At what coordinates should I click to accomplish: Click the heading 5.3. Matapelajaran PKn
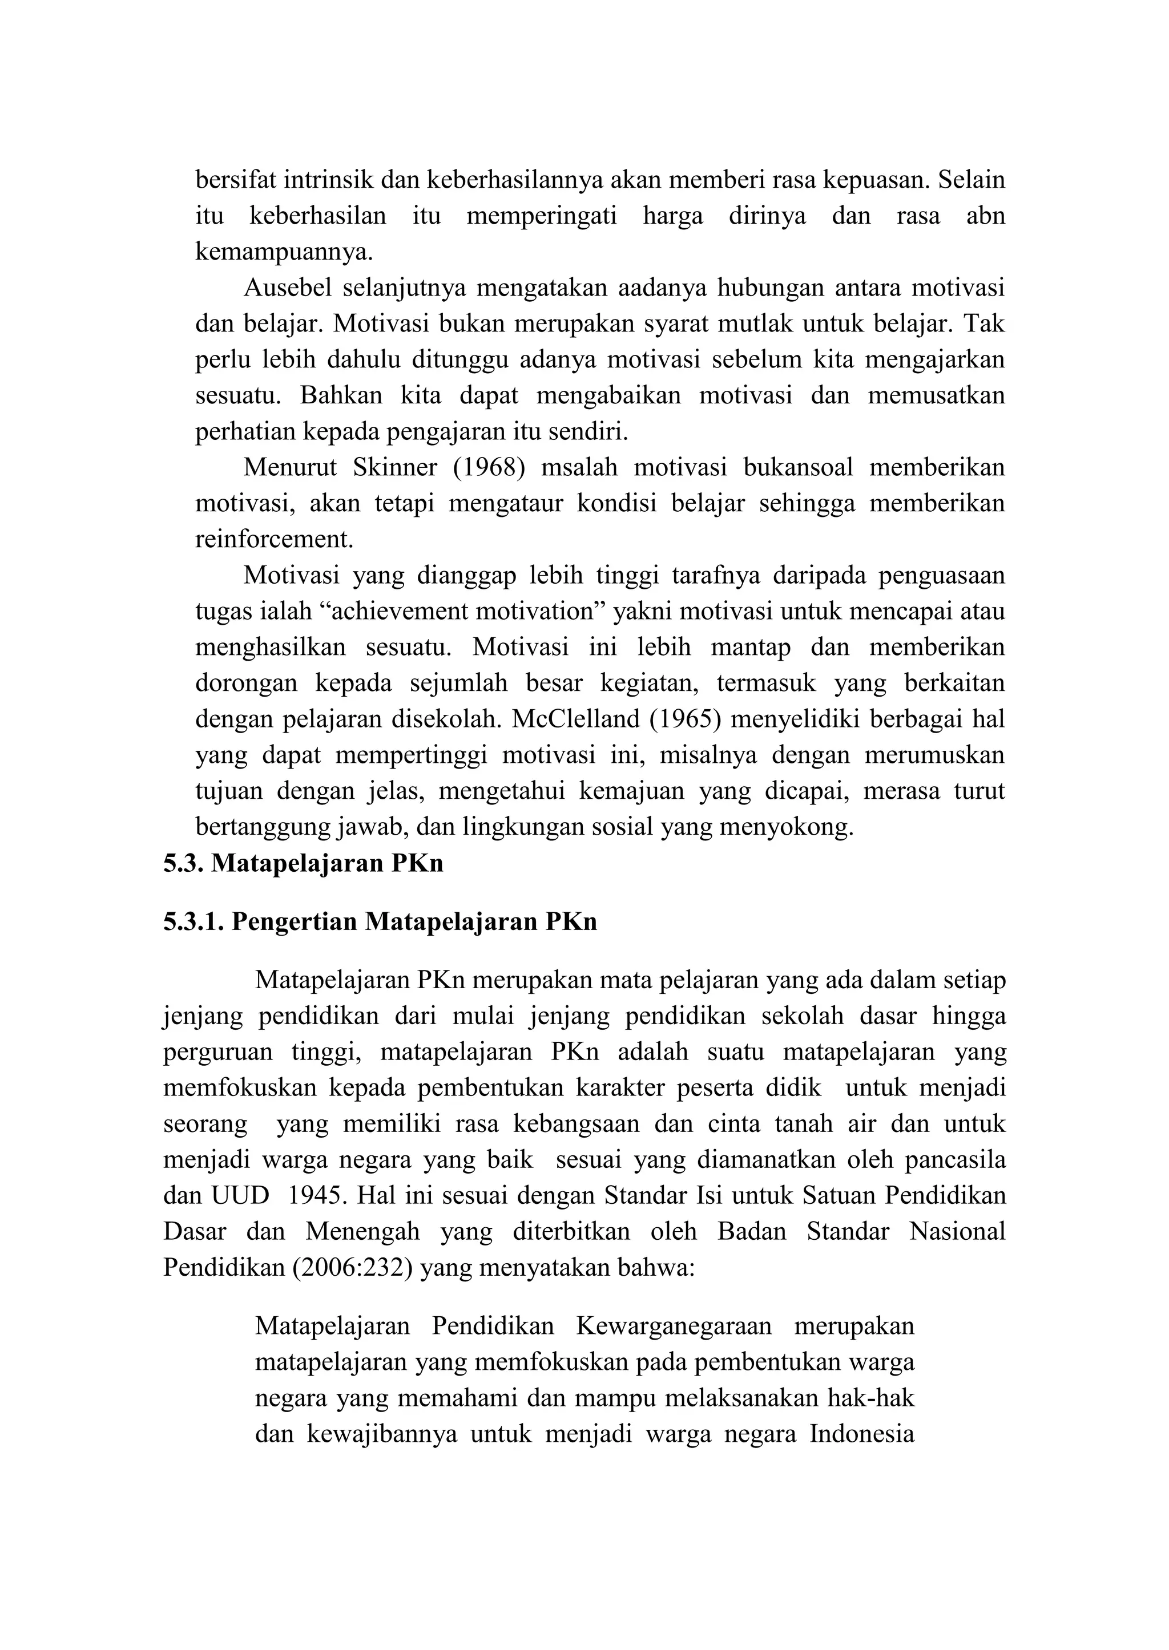303,863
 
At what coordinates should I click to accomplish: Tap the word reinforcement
274,539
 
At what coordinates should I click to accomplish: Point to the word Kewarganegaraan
673,1325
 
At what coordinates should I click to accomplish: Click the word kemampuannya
284,251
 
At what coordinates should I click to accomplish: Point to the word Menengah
363,1231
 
